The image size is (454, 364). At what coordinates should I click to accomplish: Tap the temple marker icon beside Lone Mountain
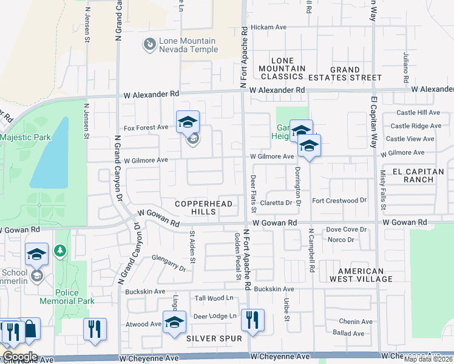tap(149, 44)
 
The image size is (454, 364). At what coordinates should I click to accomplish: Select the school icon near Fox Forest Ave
tap(188, 121)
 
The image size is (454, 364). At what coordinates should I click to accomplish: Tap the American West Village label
tap(361, 275)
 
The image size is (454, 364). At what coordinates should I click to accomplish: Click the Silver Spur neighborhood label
tap(214, 338)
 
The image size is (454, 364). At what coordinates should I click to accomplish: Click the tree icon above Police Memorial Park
tap(59, 250)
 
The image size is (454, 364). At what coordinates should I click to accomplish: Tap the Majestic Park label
tap(25, 137)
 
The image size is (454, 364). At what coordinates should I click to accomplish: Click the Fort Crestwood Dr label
tap(339, 200)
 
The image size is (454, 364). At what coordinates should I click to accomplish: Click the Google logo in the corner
tap(19, 356)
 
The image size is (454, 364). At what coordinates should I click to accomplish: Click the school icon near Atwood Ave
tap(174, 322)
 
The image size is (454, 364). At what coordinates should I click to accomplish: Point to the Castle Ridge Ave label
tap(416, 126)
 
